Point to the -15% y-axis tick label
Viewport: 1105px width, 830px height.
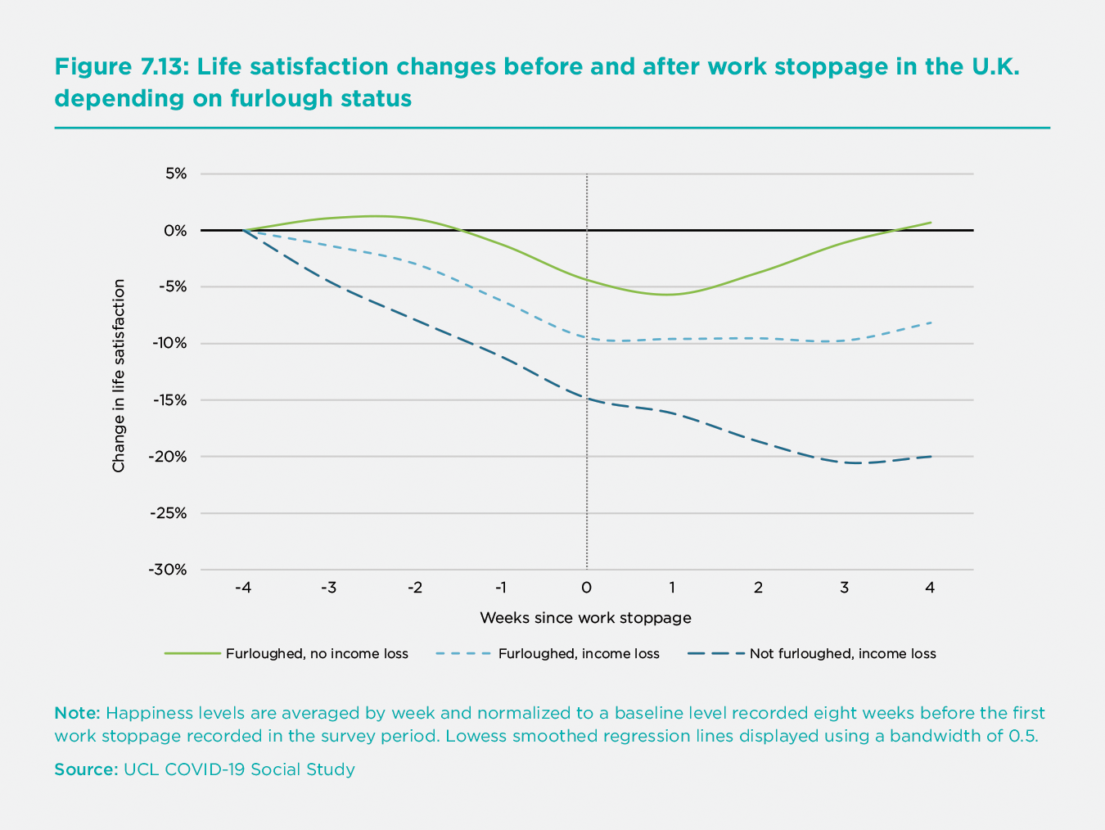169,400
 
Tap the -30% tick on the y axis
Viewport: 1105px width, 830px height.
169,570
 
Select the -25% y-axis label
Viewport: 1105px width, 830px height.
169,513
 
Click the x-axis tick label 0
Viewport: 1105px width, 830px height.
586,588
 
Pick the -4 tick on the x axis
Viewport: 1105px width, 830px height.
242,588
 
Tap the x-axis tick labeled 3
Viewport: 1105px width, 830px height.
844,588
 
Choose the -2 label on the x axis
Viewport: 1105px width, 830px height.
414,588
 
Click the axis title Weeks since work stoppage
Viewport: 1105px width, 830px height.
585,618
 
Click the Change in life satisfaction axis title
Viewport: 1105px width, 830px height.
120,376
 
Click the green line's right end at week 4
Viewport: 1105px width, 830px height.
931,223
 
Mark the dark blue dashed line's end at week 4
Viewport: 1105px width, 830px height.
931,456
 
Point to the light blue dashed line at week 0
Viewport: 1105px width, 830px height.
587,337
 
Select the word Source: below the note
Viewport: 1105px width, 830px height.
86,769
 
